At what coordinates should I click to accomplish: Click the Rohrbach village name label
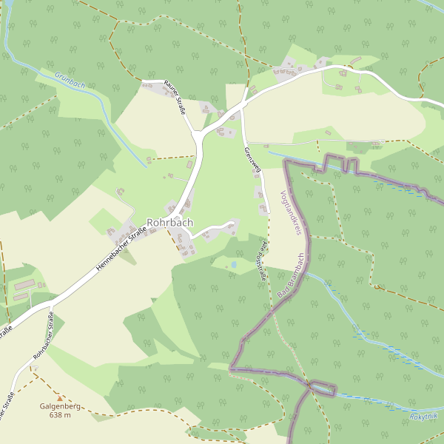169,222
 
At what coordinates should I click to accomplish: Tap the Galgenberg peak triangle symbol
60,398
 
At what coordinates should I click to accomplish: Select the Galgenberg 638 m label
60,411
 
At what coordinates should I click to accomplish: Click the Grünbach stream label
70,80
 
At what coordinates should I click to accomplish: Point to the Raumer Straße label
175,96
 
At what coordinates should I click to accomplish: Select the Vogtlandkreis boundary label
292,213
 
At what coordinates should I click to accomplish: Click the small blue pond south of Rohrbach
234,263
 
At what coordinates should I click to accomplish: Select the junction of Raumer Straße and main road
198,133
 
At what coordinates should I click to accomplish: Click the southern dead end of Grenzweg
268,212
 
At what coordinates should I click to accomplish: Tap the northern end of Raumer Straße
143,81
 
